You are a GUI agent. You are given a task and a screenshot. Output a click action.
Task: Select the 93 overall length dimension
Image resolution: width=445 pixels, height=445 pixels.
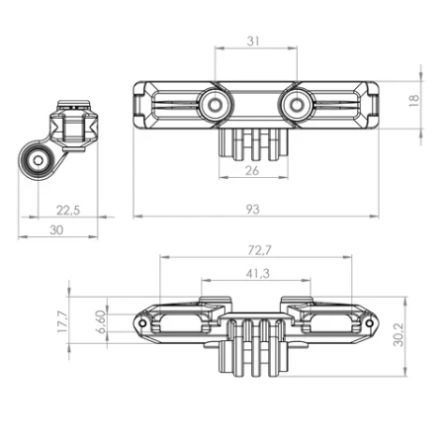[255, 208]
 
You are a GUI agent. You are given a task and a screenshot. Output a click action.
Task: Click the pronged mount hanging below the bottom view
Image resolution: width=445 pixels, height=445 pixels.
[255, 351]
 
